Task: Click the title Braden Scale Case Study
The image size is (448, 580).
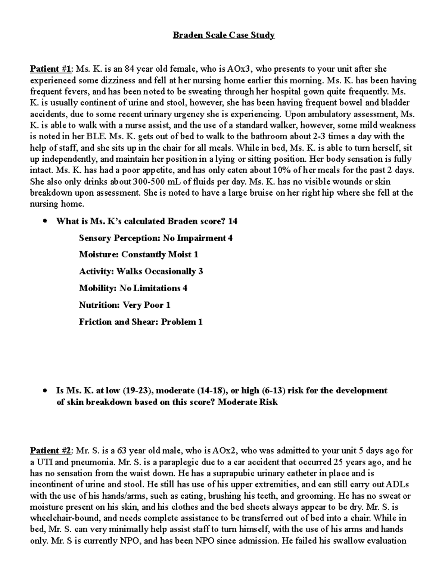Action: (x=223, y=35)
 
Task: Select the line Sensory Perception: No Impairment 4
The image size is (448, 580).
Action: (x=156, y=238)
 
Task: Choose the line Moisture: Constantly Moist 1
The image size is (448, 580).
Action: (x=139, y=255)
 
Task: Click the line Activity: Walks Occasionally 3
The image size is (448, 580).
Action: (x=141, y=272)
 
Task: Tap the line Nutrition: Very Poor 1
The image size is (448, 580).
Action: (x=125, y=305)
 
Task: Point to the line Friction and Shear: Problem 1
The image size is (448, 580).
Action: (x=141, y=322)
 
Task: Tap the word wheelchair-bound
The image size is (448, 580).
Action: (x=61, y=518)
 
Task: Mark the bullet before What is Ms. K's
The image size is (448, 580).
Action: (x=45, y=221)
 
